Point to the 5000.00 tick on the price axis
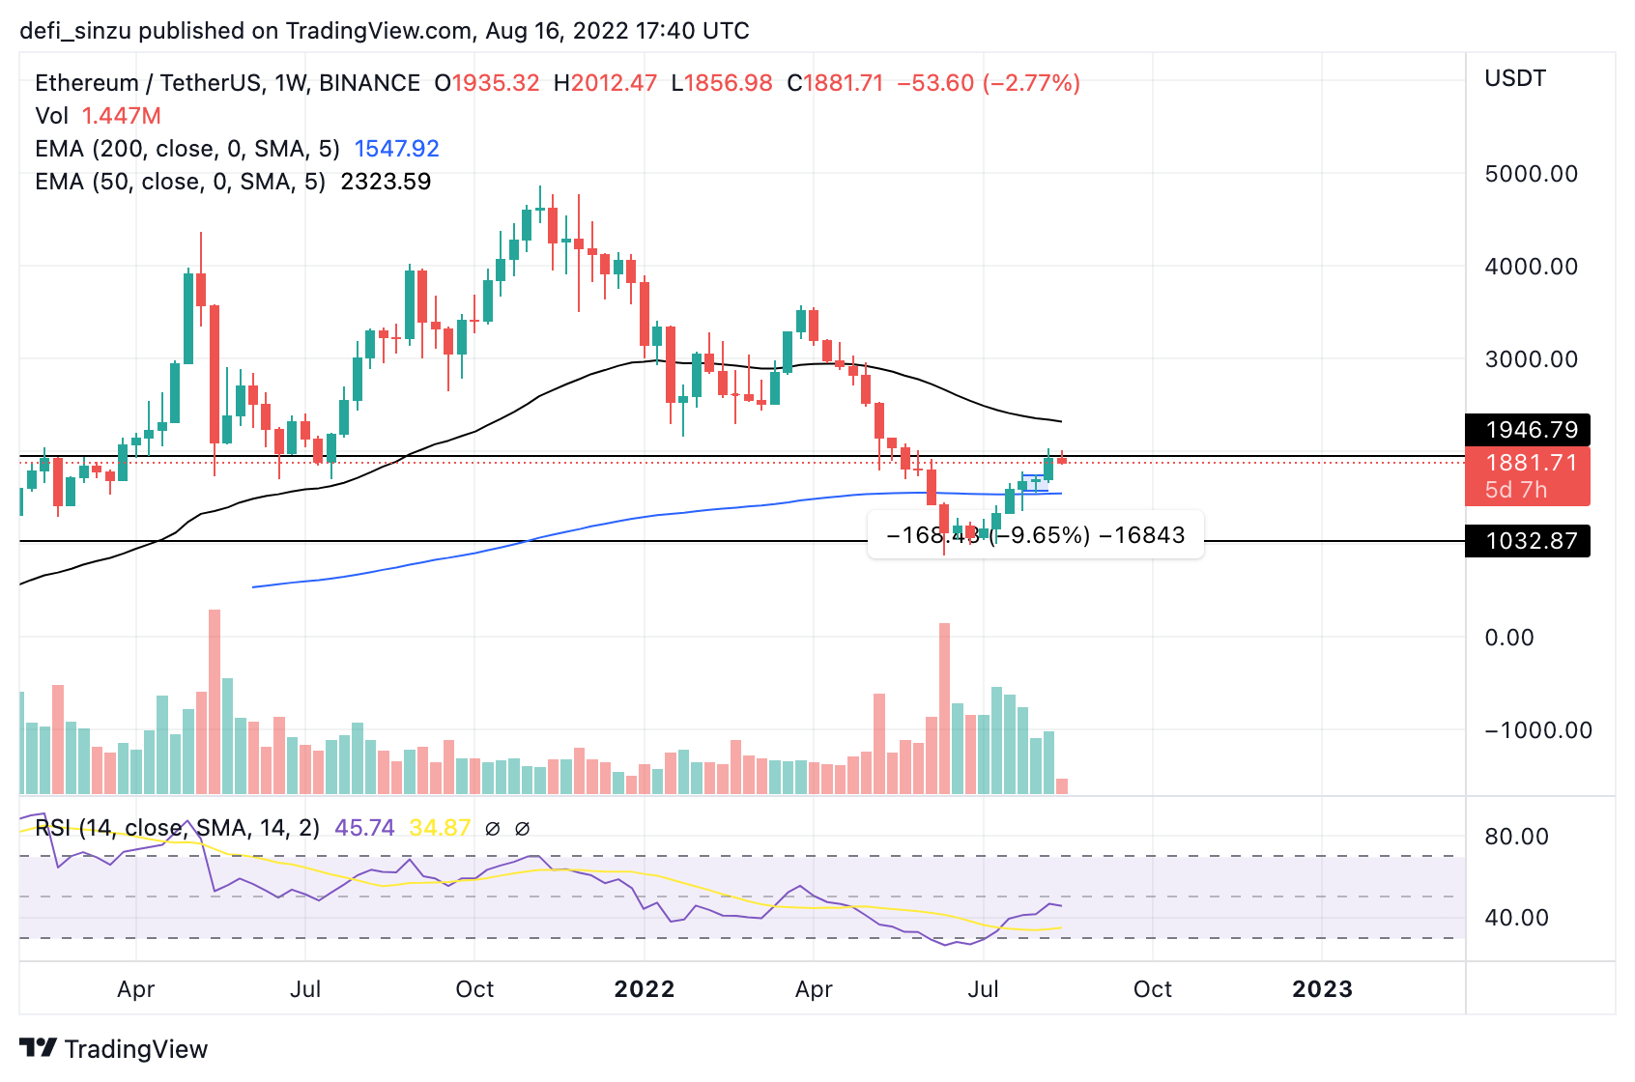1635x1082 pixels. [1531, 174]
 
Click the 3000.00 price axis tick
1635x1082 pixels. [1531, 359]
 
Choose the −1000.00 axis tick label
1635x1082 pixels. [1537, 730]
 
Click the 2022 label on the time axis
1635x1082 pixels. [645, 989]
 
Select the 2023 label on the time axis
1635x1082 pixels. [1322, 989]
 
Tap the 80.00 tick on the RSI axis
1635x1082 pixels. [1516, 837]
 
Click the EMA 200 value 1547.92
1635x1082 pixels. [396, 149]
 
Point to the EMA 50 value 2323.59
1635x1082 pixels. [386, 182]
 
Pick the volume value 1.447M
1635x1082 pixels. [121, 116]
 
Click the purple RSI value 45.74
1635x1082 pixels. [364, 828]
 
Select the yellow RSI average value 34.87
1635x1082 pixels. [440, 828]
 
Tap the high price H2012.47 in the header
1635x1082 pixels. [605, 83]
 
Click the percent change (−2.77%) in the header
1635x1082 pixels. [1031, 83]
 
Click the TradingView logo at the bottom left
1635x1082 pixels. [114, 1049]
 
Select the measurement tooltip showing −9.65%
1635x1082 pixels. [1036, 535]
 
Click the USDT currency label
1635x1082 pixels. [1515, 78]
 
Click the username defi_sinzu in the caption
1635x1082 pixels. [75, 31]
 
